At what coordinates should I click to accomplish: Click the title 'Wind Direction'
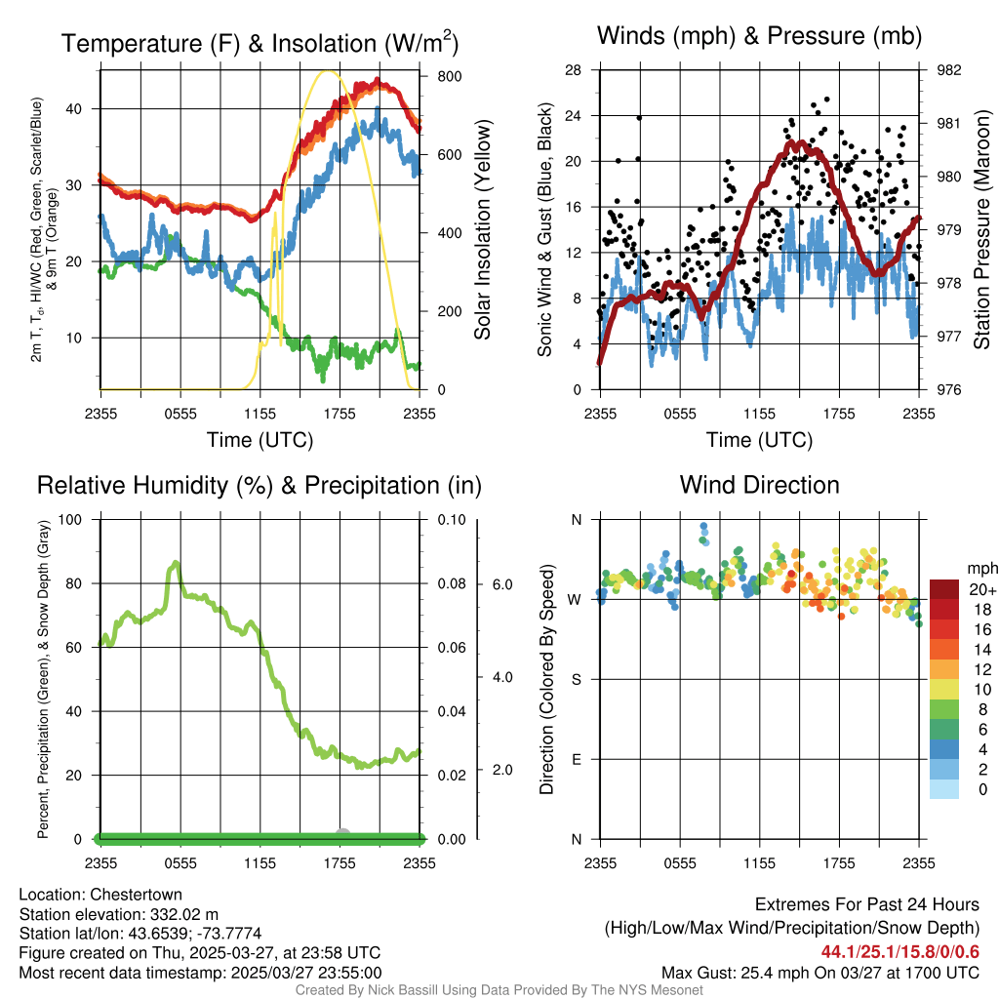(759, 485)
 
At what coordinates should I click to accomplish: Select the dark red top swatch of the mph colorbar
(944, 589)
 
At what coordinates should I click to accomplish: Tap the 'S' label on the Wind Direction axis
(576, 679)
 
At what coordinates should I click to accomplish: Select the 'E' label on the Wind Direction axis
(576, 759)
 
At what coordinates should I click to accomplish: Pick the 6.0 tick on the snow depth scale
(501, 584)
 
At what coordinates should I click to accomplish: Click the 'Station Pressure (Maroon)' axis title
(983, 229)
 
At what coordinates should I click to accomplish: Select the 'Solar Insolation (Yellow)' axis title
(483, 229)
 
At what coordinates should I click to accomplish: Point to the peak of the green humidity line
(176, 562)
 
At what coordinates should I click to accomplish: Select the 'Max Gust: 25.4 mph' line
(819, 973)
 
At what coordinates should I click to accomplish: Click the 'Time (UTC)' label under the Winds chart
(759, 440)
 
